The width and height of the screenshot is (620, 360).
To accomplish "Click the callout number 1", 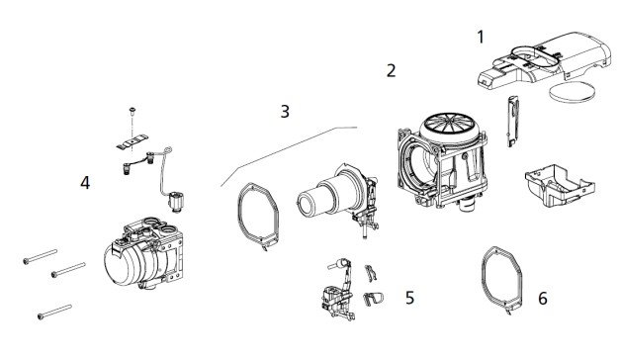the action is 481,37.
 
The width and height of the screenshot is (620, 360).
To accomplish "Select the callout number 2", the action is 391,70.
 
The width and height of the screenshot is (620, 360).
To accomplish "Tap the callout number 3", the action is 285,112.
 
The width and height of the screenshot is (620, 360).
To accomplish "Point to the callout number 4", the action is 85,183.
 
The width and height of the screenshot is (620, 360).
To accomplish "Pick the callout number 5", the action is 409,298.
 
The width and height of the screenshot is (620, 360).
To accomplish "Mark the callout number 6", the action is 543,299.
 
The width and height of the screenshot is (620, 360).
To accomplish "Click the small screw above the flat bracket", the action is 133,111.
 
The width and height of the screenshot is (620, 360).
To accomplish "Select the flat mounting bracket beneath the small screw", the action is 133,141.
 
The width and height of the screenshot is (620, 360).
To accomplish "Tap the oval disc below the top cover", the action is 573,91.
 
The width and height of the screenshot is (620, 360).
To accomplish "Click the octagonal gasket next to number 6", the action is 484,277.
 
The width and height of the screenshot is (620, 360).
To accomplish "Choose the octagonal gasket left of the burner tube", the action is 239,214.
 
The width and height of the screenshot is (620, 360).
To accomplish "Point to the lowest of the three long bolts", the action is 54,312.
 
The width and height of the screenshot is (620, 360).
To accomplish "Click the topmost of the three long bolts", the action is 40,256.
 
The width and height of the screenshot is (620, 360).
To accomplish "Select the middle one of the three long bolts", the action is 68,269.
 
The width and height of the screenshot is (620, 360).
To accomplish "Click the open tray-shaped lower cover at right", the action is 559,185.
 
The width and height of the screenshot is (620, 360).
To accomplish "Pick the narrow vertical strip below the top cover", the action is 512,121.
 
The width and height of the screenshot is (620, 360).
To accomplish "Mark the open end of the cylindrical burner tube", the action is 309,205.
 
